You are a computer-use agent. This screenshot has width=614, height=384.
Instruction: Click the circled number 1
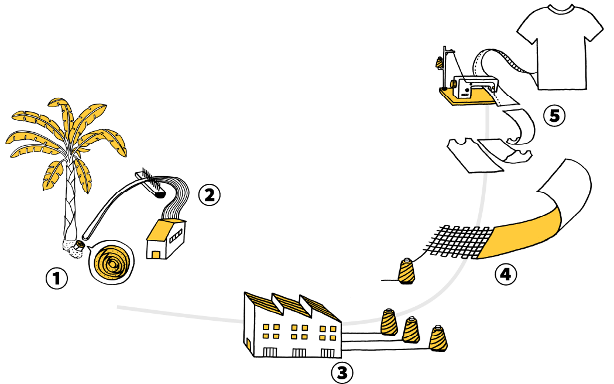(57, 279)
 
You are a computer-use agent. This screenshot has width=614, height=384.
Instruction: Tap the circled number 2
(209, 194)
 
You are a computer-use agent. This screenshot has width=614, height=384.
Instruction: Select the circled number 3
(342, 371)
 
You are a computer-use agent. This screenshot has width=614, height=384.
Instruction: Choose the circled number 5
(553, 116)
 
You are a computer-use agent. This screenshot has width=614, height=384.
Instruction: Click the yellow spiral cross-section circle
(111, 263)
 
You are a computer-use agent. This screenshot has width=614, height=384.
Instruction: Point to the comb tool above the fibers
(150, 181)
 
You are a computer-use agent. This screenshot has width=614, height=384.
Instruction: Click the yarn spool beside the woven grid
(406, 272)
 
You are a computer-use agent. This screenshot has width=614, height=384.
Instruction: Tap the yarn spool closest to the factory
(388, 322)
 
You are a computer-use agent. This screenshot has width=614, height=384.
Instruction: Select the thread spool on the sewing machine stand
(439, 62)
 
